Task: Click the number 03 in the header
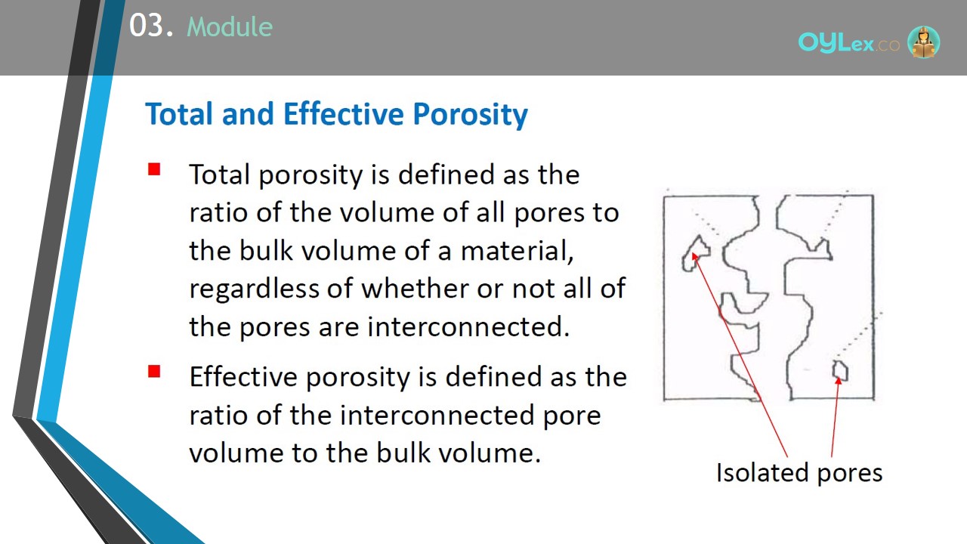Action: tap(146, 26)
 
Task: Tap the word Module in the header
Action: tap(230, 26)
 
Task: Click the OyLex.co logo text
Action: tap(848, 43)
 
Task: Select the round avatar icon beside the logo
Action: tap(923, 42)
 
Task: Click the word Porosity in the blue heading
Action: tap(470, 114)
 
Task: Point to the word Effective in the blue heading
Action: tap(343, 113)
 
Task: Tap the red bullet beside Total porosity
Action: tap(154, 168)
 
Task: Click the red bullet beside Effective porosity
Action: tap(154, 371)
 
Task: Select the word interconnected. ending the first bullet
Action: tap(468, 326)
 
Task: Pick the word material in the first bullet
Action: tap(517, 251)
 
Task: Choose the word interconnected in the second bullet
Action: tap(437, 416)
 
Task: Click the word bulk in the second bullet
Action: tap(403, 453)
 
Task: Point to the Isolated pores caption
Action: tap(799, 473)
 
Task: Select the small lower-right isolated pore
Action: tap(840, 371)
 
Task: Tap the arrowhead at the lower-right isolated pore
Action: tap(838, 381)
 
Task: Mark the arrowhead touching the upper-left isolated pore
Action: tap(694, 256)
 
